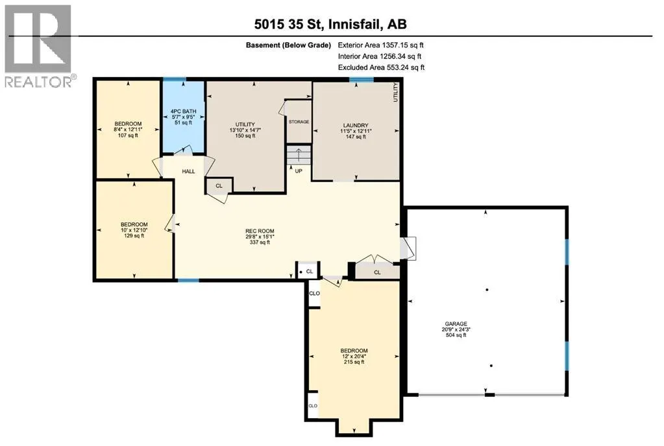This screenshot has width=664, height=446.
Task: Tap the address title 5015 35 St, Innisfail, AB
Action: [330, 24]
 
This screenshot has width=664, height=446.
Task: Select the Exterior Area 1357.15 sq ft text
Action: [381, 45]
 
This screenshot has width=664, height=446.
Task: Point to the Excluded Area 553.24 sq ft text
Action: [381, 67]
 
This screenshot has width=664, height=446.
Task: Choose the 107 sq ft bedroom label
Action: [128, 130]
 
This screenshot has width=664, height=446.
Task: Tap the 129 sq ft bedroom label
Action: [134, 230]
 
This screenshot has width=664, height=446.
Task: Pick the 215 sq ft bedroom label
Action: [354, 356]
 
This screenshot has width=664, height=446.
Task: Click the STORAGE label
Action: [299, 122]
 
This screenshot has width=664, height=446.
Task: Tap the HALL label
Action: [188, 171]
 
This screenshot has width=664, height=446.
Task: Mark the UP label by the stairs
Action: [299, 171]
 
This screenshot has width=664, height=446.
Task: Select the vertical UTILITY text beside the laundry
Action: [396, 92]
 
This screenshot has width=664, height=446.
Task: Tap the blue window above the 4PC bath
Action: [175, 79]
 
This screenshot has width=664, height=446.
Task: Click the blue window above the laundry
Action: [362, 80]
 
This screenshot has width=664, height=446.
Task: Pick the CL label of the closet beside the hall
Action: [219, 186]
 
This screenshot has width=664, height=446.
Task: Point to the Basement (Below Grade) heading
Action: [288, 45]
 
